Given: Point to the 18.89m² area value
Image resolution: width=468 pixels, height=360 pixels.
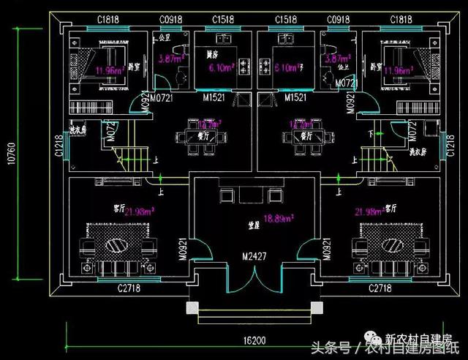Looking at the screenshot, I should pyautogui.click(x=279, y=218).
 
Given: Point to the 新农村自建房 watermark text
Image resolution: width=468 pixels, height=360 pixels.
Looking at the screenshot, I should pyautogui.click(x=416, y=339).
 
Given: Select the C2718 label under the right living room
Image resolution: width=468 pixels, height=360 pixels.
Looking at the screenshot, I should pyautogui.click(x=382, y=288).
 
